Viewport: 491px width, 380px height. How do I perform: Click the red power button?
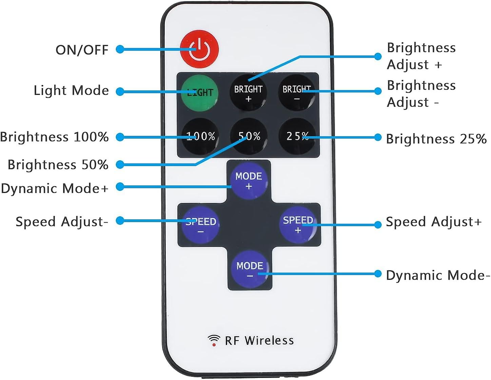click(199, 49)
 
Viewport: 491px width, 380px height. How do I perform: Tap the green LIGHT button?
click(199, 93)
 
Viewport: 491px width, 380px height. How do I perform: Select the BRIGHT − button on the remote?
click(296, 93)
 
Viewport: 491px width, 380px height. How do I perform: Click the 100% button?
click(200, 136)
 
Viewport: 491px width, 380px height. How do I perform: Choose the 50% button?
click(249, 136)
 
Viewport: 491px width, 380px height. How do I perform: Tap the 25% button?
click(297, 136)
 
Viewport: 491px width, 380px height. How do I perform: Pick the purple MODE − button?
click(250, 269)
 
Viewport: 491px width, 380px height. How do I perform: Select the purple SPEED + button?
click(298, 225)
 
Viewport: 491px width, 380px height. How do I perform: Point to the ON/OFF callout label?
click(82, 50)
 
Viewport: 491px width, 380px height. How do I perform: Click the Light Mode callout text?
click(71, 91)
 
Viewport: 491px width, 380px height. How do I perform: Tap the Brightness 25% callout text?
click(436, 138)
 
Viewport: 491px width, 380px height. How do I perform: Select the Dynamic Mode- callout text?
click(438, 275)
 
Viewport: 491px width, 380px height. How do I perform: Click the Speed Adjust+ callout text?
click(434, 222)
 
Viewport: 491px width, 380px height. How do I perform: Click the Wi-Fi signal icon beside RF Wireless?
click(214, 340)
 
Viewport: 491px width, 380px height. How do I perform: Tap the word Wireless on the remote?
click(269, 340)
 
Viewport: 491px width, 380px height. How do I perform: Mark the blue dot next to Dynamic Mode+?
click(120, 187)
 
